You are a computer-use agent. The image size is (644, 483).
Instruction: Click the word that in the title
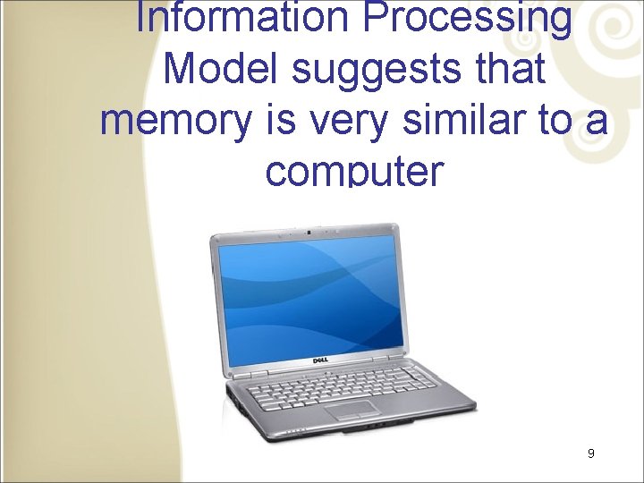coord(512,69)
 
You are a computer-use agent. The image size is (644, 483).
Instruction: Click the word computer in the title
coord(354,169)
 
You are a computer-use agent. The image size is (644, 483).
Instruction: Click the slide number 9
coord(591,454)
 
